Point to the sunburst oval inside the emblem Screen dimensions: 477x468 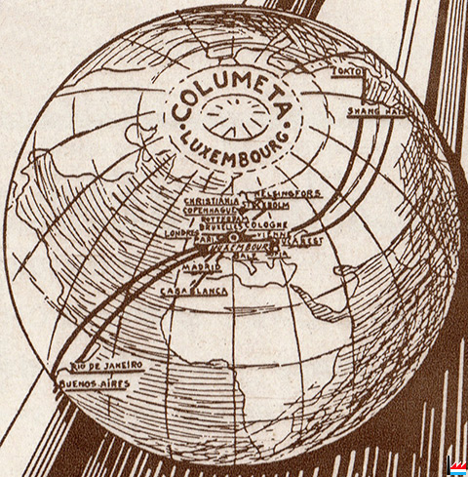tap(231, 118)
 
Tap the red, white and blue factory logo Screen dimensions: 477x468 tap(455, 465)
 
